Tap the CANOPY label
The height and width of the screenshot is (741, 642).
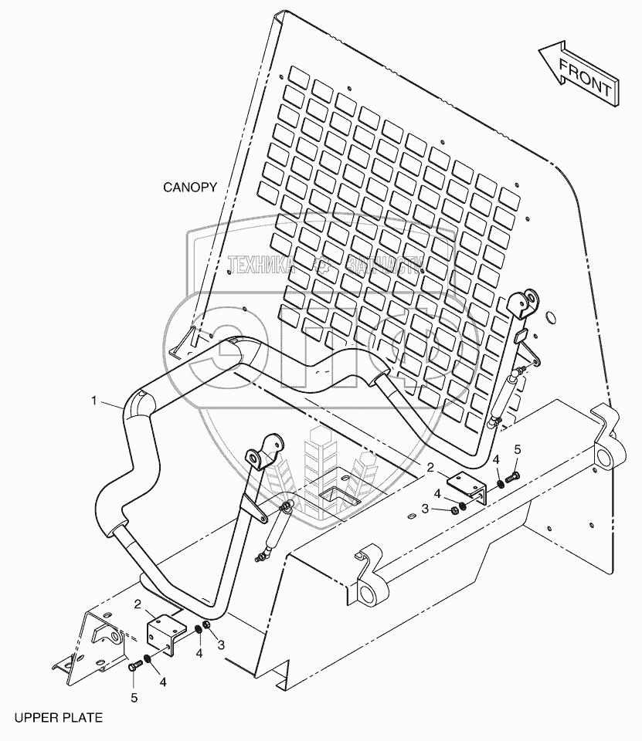(190, 188)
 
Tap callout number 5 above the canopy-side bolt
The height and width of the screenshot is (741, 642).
(518, 449)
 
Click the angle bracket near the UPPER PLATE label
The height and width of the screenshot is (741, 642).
(166, 629)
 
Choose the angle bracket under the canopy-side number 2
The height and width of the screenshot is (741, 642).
(468, 488)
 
